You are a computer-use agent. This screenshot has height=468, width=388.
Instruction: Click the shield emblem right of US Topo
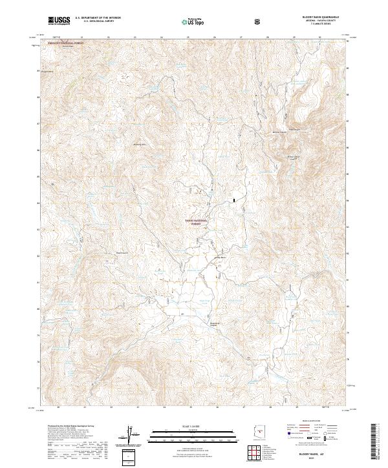[259, 21]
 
